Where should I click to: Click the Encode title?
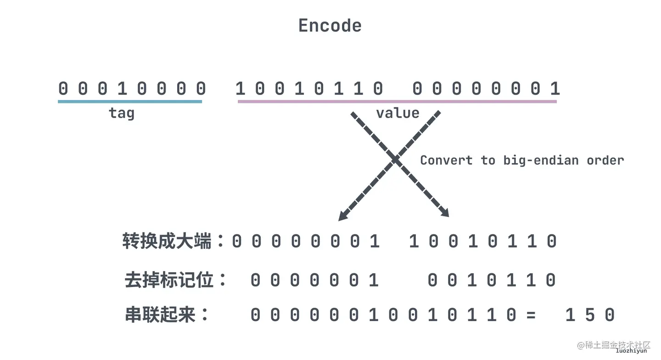pos(330,25)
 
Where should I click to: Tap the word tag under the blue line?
pos(122,113)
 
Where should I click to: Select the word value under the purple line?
pos(398,113)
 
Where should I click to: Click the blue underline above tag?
pos(130,101)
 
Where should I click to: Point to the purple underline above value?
pos(397,101)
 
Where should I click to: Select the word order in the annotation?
pos(605,160)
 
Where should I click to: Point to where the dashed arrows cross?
pos(395,159)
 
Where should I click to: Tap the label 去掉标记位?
pos(169,280)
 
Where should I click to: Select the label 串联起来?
pos(160,315)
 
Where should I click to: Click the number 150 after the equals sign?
pos(590,315)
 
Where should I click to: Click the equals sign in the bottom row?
pos(531,315)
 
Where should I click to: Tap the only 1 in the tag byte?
pos(122,88)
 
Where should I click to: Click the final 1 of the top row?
pos(555,88)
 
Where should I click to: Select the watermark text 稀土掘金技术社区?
pos(617,344)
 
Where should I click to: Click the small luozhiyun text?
pos(631,351)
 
